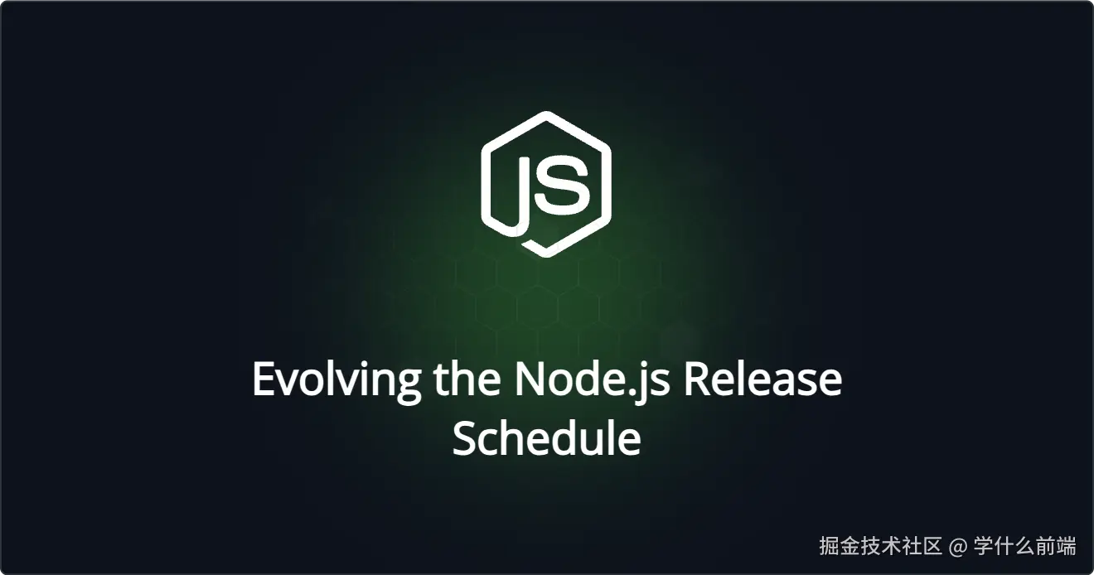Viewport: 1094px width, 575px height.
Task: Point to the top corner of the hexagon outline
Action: [545, 114]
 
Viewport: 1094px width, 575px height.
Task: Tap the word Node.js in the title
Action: [593, 380]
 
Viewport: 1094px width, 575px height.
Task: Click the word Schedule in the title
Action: [546, 438]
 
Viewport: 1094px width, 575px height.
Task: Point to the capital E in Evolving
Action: [263, 379]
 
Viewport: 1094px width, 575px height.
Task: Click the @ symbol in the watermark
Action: [958, 547]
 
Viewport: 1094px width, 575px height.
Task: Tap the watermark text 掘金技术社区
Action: [880, 547]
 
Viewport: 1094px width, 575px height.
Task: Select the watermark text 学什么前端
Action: [1025, 547]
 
